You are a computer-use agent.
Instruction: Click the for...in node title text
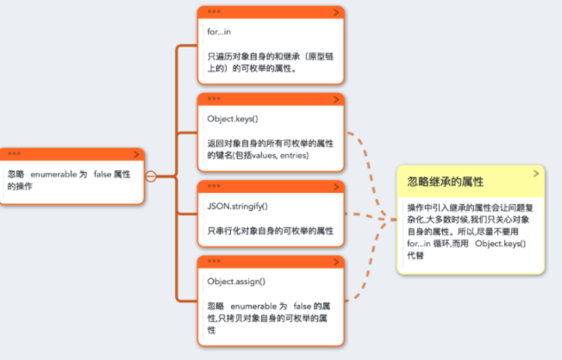point(219,32)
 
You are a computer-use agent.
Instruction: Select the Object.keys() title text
point(233,118)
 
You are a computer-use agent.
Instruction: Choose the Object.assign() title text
point(236,281)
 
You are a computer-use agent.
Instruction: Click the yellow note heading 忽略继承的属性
point(445,182)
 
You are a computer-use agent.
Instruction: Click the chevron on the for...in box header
point(335,12)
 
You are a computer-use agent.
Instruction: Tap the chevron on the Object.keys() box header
point(335,99)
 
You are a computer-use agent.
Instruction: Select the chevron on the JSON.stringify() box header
point(335,186)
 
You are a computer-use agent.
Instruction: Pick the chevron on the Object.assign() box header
point(335,262)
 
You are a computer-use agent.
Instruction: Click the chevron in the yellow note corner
point(536,173)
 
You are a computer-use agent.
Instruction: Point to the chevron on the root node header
point(135,153)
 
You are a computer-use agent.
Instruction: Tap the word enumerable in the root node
point(53,174)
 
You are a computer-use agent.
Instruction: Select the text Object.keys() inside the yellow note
point(500,244)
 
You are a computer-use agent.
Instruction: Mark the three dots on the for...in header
point(214,13)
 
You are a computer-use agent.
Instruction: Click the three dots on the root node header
point(15,154)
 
